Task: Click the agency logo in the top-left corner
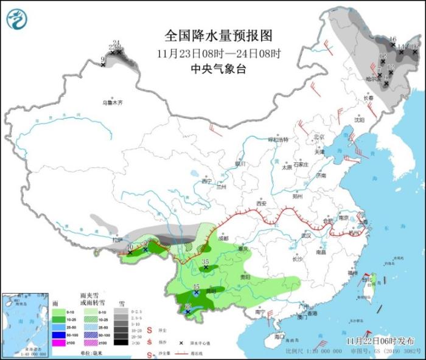[x=17, y=19]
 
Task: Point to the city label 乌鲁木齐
[x=112, y=103]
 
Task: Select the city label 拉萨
[x=117, y=241]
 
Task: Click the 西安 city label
[x=262, y=203]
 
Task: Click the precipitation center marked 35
[x=206, y=265]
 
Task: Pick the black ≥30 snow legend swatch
[x=122, y=343]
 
